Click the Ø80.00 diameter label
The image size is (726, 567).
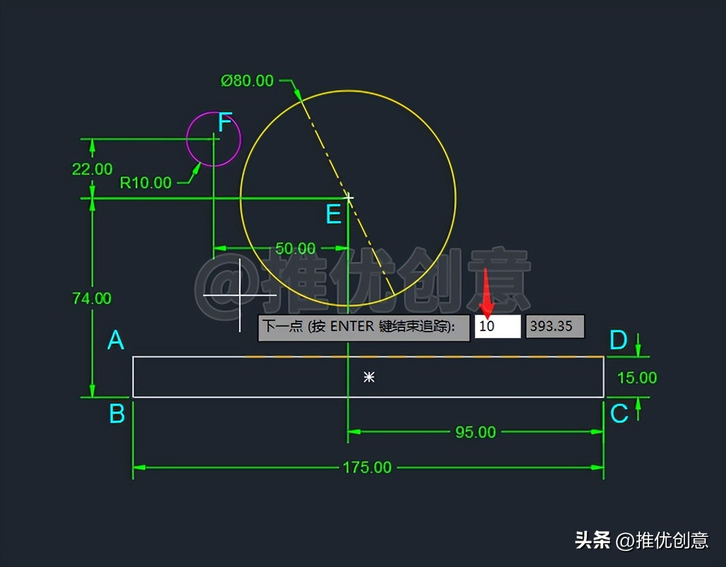247,81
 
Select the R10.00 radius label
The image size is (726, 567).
145,183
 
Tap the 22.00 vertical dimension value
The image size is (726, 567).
92,169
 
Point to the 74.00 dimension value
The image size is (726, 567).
92,298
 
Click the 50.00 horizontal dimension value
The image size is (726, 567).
295,248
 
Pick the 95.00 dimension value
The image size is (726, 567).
475,432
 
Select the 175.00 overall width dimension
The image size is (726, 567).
367,467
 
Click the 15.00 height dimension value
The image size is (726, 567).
636,378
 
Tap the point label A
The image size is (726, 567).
116,341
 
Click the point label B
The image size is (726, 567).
117,414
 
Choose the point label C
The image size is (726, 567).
619,414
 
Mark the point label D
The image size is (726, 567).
618,341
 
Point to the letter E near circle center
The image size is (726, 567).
334,215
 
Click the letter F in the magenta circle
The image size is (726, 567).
225,122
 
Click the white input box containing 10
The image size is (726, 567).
497,327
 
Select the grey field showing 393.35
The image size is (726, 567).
555,327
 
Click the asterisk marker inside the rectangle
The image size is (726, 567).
369,377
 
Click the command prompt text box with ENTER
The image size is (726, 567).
364,327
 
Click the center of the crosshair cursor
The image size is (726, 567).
240,295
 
